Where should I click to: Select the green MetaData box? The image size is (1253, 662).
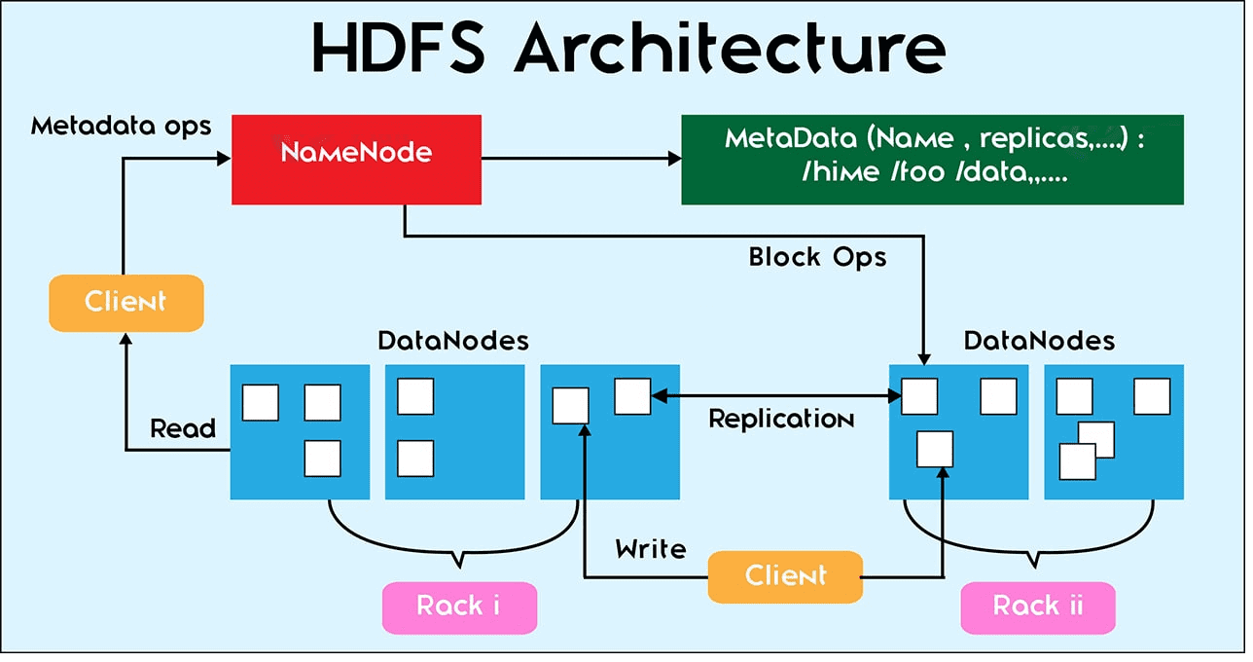point(931,160)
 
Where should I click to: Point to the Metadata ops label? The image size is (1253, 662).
point(121,126)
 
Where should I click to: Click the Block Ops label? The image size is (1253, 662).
point(817,257)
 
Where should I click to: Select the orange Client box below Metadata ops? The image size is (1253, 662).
point(125,302)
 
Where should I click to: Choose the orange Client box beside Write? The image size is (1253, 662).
point(784,575)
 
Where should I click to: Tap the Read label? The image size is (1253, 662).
point(183,428)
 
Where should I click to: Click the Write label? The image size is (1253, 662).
point(651,549)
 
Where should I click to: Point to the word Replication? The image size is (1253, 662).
point(781,420)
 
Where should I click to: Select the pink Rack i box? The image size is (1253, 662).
point(459,607)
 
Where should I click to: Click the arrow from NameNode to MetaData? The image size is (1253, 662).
point(580,158)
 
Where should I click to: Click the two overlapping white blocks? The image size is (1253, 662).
point(1086,451)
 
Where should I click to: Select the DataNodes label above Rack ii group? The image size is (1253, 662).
point(1039,341)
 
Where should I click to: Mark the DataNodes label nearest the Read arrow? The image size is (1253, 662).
point(453,341)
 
